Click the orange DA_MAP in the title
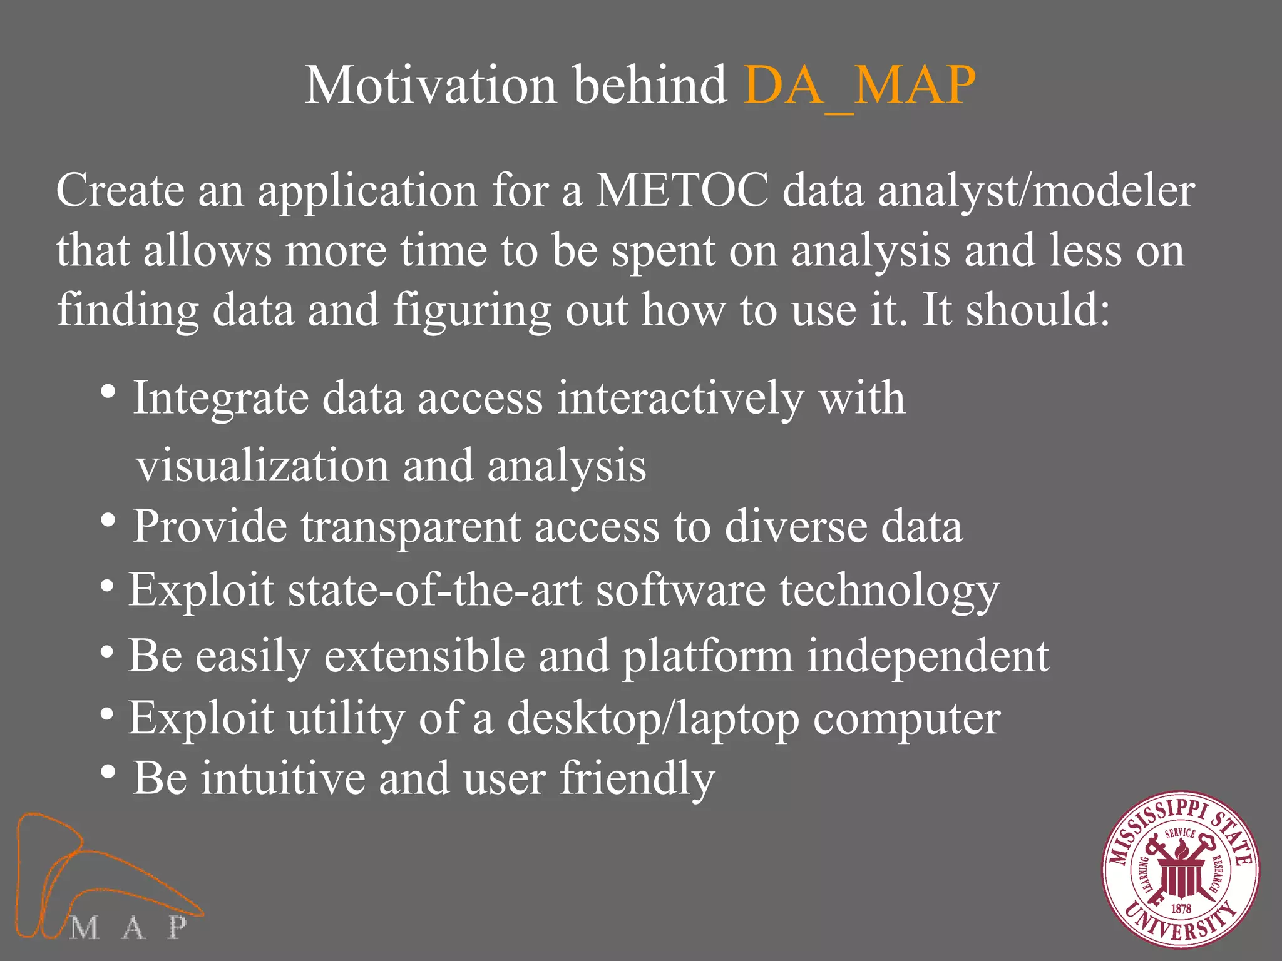pyautogui.click(x=859, y=86)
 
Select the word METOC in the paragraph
pyautogui.click(x=682, y=190)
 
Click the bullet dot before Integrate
pyautogui.click(x=108, y=393)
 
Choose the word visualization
pyautogui.click(x=263, y=466)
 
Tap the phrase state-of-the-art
pyautogui.click(x=435, y=590)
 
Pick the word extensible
pyautogui.click(x=424, y=656)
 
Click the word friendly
pyautogui.click(x=637, y=779)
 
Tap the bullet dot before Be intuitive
pyautogui.click(x=108, y=772)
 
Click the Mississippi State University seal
pyautogui.click(x=1181, y=870)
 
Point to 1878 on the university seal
pyautogui.click(x=1181, y=908)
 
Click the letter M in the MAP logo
pyautogui.click(x=85, y=928)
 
